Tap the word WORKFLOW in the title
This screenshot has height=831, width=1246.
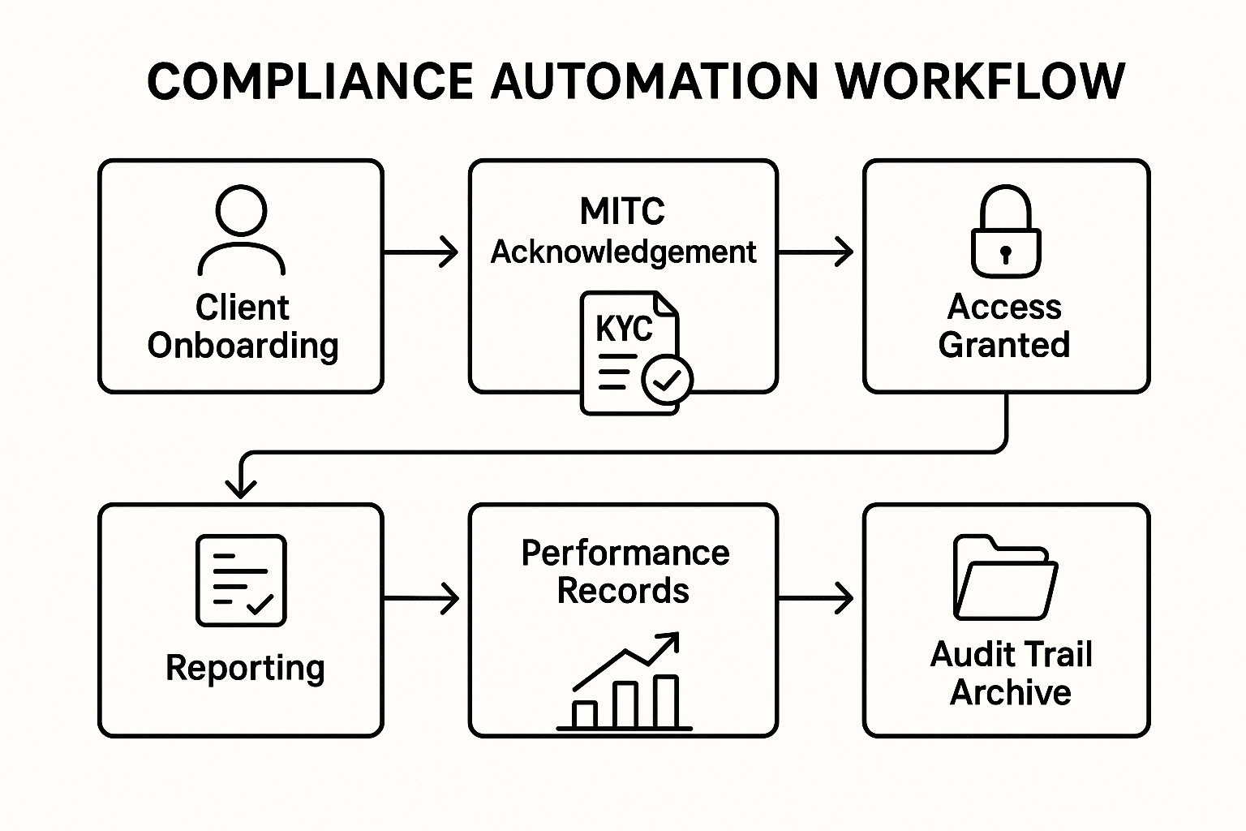pyautogui.click(x=980, y=81)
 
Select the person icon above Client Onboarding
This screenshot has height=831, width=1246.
pyautogui.click(x=241, y=230)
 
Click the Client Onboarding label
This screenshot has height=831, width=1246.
pyautogui.click(x=243, y=326)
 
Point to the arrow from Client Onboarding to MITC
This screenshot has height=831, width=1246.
pyautogui.click(x=421, y=252)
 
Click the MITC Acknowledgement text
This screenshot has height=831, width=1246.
pyautogui.click(x=623, y=232)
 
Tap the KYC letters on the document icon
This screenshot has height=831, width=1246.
pyautogui.click(x=624, y=329)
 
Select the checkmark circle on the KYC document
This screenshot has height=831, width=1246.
pyautogui.click(x=667, y=379)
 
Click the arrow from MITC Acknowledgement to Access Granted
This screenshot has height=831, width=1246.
pyautogui.click(x=816, y=252)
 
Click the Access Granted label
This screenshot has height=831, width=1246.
pyautogui.click(x=1004, y=326)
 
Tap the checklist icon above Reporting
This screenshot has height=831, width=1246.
pyautogui.click(x=241, y=580)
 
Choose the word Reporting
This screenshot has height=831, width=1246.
pyautogui.click(x=245, y=668)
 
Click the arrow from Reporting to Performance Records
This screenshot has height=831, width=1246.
pyautogui.click(x=421, y=599)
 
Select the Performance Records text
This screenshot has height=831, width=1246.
pyautogui.click(x=624, y=571)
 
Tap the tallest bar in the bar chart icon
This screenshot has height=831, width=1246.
pyautogui.click(x=666, y=701)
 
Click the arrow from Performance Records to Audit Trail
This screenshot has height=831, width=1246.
pyautogui.click(x=816, y=599)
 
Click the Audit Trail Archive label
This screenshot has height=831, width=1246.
pyautogui.click(x=1011, y=674)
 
